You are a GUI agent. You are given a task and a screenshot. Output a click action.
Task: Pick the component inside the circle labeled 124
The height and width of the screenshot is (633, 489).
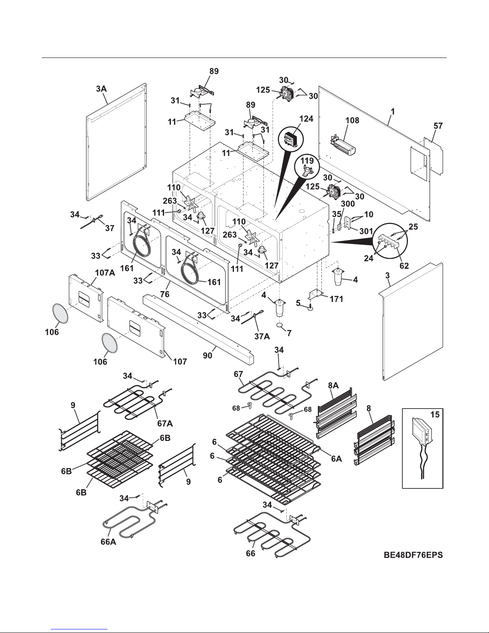pyautogui.click(x=292, y=140)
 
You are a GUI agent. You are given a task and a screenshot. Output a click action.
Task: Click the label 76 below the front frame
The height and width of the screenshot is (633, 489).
pyautogui.click(x=164, y=294)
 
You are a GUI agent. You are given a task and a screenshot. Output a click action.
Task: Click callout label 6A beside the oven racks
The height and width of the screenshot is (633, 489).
pyautogui.click(x=336, y=459)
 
